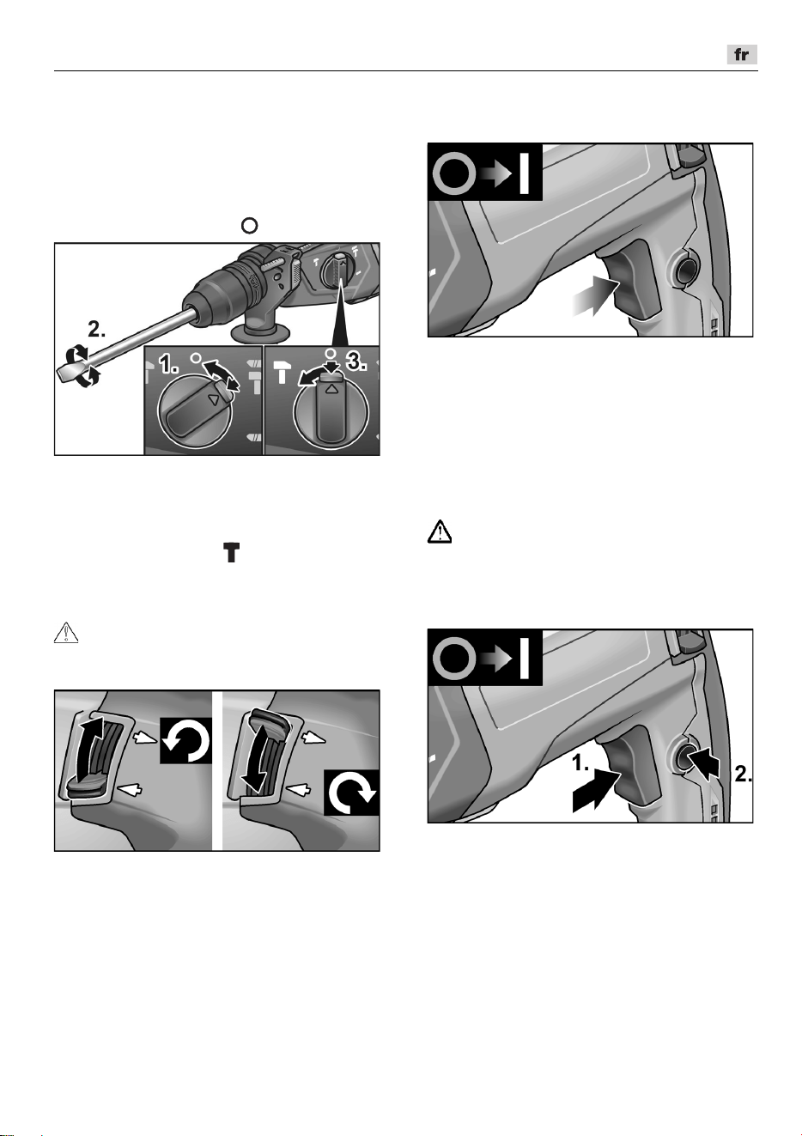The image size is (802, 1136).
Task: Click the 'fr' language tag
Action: click(x=741, y=55)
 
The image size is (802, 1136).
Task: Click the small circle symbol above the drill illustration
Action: click(x=249, y=225)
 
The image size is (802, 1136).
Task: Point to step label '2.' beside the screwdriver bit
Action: click(x=96, y=330)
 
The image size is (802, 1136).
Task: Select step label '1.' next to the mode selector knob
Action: click(x=168, y=364)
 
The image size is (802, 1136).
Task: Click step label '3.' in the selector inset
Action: click(x=356, y=361)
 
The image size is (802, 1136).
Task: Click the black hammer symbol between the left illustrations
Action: click(x=232, y=552)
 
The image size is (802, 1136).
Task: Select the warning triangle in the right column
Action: click(x=440, y=532)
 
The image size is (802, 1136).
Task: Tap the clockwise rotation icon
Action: click(x=351, y=793)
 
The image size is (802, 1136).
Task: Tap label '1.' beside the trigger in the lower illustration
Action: click(x=580, y=762)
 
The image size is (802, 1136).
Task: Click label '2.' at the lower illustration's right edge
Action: click(x=743, y=774)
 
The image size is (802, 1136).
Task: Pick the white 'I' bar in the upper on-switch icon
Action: click(x=525, y=173)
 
